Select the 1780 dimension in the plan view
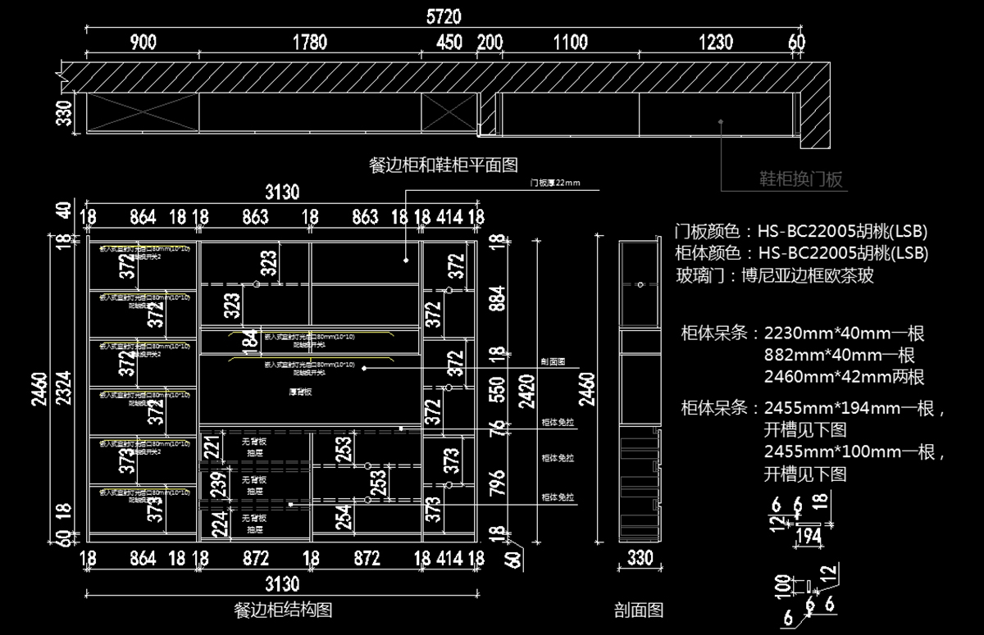tap(309, 43)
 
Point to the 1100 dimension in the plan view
tap(571, 43)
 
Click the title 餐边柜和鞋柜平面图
tap(444, 165)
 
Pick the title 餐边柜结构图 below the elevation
tap(283, 610)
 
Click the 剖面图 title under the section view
tap(638, 610)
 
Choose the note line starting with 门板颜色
tap(800, 231)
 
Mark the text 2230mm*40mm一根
tap(845, 333)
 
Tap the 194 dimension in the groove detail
tap(808, 536)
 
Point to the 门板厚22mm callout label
tap(554, 184)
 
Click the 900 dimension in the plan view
tap(143, 43)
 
